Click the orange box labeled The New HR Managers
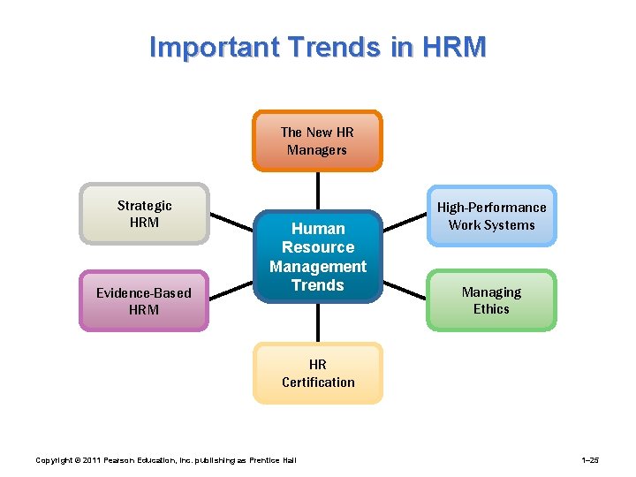317,140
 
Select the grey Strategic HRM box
144,213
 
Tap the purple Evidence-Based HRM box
144,300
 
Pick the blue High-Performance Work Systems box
491,216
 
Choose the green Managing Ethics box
491,300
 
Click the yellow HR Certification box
318,373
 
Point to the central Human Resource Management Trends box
318,256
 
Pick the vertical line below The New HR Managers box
318,190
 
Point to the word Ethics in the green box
491,309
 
